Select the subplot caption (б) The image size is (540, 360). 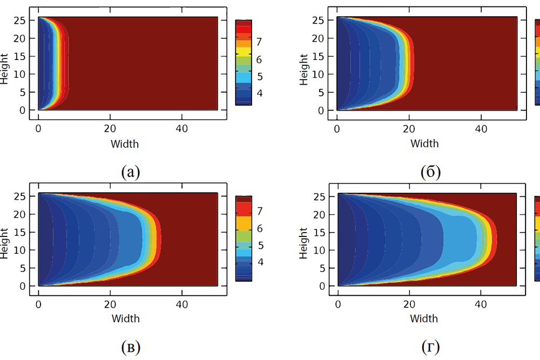[430, 172]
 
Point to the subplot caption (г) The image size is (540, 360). [430, 348]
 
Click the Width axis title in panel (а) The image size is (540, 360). [125, 144]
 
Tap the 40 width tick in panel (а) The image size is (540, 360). [182, 130]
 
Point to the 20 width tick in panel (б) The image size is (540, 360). [409, 130]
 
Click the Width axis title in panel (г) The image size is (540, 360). [424, 319]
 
